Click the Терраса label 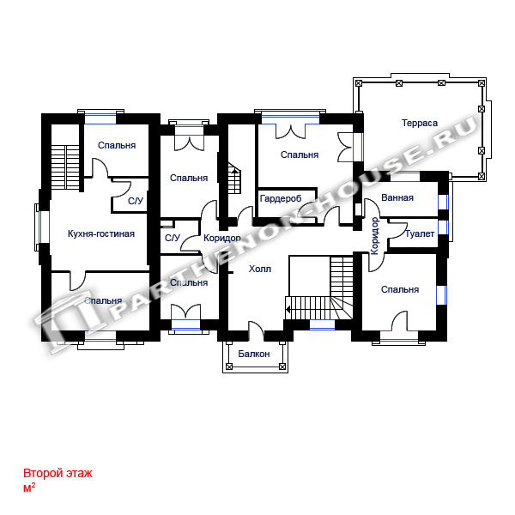click(x=420, y=123)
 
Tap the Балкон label click(x=254, y=354)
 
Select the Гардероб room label click(x=281, y=199)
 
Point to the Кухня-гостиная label click(x=101, y=233)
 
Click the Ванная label click(x=397, y=197)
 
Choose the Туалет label click(x=420, y=233)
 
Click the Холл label click(x=260, y=269)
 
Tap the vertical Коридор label click(x=375, y=236)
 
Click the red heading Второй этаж click(x=58, y=473)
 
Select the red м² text click(x=29, y=488)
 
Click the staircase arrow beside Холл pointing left click(x=288, y=309)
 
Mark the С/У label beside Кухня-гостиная click(x=136, y=201)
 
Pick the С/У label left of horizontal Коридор click(x=173, y=238)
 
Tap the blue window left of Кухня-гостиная click(x=44, y=227)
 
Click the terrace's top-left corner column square click(x=359, y=83)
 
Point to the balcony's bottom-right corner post click(x=282, y=367)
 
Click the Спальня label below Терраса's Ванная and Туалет click(x=400, y=289)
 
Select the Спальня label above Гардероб click(x=300, y=154)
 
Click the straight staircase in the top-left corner click(x=65, y=167)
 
